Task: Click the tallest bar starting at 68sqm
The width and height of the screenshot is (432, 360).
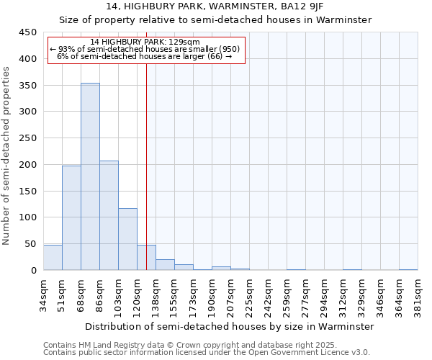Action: (90, 176)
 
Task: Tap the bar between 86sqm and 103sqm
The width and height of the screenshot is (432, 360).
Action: (109, 215)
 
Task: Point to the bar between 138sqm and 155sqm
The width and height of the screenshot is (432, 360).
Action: (165, 264)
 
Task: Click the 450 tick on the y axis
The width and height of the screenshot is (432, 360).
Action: (27, 32)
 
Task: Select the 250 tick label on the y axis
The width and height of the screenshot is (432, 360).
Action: (27, 138)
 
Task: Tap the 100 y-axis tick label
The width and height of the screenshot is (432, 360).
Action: (27, 217)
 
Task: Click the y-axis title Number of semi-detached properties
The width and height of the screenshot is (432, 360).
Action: (7, 156)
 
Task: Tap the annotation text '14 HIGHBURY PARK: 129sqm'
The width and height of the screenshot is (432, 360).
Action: (145, 42)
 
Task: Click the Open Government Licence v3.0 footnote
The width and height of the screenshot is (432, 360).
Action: (207, 353)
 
